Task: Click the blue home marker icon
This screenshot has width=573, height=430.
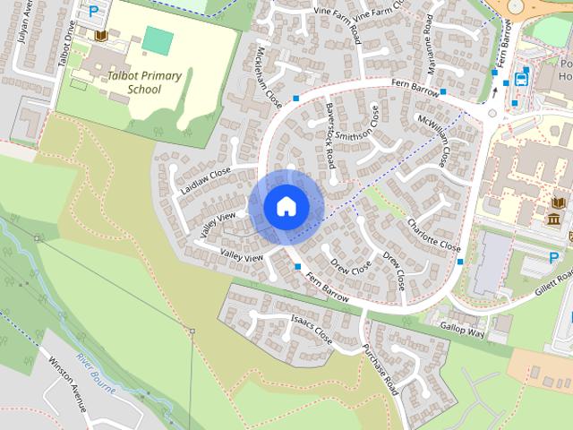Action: click(x=286, y=206)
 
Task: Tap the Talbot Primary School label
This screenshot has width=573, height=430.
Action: click(x=143, y=82)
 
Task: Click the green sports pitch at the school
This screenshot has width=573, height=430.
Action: click(x=158, y=39)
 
